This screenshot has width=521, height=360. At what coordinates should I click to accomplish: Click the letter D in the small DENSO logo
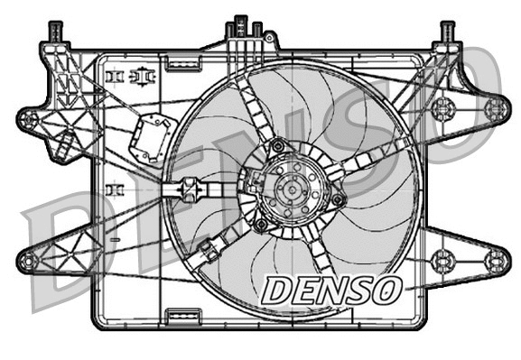274,290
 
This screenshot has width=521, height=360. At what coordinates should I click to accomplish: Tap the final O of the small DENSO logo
386,290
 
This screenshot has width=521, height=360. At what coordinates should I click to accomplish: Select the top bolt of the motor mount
278,144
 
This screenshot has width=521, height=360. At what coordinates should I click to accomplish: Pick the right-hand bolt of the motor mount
338,198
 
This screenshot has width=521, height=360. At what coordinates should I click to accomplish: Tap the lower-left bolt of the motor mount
261,224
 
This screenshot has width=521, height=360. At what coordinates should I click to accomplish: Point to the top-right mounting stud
446,33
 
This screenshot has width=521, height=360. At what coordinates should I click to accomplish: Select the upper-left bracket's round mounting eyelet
29,117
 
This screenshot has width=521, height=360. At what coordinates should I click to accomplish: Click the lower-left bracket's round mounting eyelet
29,262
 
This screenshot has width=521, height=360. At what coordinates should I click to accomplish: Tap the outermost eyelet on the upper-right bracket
494,109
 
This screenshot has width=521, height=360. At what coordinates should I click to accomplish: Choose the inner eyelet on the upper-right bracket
442,109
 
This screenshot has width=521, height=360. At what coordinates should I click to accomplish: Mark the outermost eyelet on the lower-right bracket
494,262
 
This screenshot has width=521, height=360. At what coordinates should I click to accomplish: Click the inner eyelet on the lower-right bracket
442,262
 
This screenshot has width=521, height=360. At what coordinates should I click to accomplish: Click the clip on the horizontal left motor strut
191,191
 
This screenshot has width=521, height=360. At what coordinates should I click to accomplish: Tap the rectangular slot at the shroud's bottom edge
183,316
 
